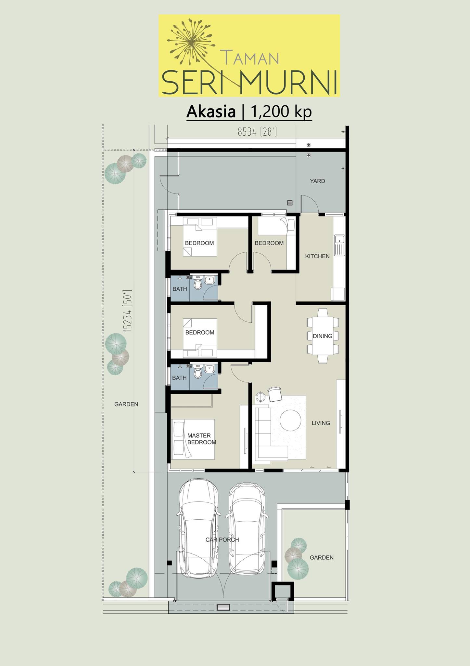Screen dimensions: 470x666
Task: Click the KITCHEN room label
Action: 317,256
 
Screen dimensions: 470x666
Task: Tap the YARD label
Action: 317,181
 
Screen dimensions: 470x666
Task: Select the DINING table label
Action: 323,336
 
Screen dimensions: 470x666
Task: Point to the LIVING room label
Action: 321,423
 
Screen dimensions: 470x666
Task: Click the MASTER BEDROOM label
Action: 201,439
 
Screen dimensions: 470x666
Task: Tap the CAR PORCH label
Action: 222,539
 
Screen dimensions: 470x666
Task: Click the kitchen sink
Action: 339,245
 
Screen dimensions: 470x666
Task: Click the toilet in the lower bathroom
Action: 198,372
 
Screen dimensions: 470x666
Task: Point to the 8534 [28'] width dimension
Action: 257,132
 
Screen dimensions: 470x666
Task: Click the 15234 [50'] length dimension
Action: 128,311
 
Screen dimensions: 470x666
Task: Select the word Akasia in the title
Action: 211,112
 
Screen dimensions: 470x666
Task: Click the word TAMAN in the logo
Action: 249,57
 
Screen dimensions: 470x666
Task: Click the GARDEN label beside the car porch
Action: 322,557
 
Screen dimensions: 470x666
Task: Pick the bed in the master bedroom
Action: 193,439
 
